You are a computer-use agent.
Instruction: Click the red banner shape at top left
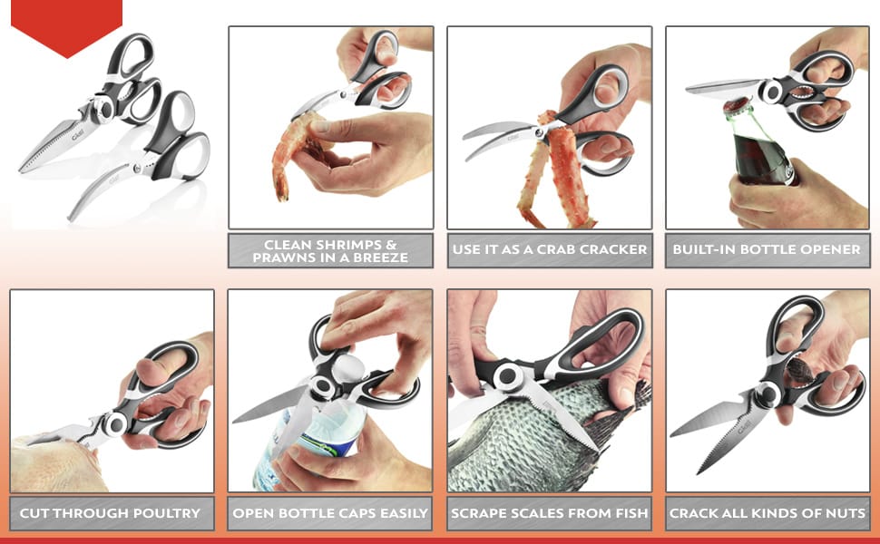point(66,23)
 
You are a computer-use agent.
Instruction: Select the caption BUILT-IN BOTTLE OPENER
point(767,249)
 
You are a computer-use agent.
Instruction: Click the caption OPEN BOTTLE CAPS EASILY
point(330,513)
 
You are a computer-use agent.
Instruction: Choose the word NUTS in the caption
point(846,513)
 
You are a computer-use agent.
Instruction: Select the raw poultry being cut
point(56,462)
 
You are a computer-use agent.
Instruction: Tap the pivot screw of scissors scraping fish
point(509,375)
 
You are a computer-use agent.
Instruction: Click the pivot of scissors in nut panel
point(768,393)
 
